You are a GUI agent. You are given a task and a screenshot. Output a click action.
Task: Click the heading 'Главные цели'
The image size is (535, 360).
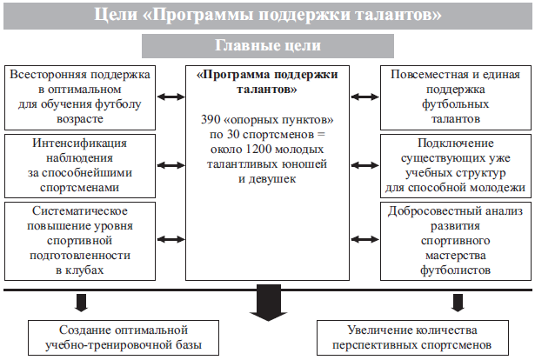[268, 45]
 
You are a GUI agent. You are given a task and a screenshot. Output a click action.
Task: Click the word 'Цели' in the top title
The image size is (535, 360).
[116, 15]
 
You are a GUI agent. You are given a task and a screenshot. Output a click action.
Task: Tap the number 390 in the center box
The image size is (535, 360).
[211, 120]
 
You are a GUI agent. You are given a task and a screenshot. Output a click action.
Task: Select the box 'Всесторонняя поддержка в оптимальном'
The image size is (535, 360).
[80, 97]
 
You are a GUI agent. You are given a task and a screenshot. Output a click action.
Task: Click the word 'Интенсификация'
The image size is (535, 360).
[79, 143]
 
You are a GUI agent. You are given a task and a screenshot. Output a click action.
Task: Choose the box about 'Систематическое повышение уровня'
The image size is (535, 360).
[80, 241]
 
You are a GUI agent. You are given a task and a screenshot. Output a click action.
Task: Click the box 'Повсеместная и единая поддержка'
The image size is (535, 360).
[456, 97]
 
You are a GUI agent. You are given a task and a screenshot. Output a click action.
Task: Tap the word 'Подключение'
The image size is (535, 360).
[456, 143]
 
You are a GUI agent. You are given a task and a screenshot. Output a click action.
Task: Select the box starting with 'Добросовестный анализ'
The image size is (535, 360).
[456, 241]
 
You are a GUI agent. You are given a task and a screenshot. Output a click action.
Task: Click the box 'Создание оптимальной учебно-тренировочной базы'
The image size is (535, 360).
[124, 337]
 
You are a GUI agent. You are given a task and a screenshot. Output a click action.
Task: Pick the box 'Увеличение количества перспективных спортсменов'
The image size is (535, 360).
[412, 337]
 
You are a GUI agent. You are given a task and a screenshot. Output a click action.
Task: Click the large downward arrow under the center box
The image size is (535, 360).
[268, 303]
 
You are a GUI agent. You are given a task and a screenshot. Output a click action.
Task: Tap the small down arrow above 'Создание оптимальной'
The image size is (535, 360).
[81, 303]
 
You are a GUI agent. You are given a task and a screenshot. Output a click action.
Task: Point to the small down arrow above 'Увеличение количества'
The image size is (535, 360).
[458, 303]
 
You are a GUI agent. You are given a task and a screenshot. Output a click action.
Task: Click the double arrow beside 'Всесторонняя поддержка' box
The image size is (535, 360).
[171, 97]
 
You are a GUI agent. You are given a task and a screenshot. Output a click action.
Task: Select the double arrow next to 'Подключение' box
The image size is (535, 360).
[364, 165]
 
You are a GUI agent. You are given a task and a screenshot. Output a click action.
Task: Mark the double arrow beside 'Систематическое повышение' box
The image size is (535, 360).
[171, 239]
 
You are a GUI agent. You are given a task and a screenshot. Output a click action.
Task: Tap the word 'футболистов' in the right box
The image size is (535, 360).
[456, 270]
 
